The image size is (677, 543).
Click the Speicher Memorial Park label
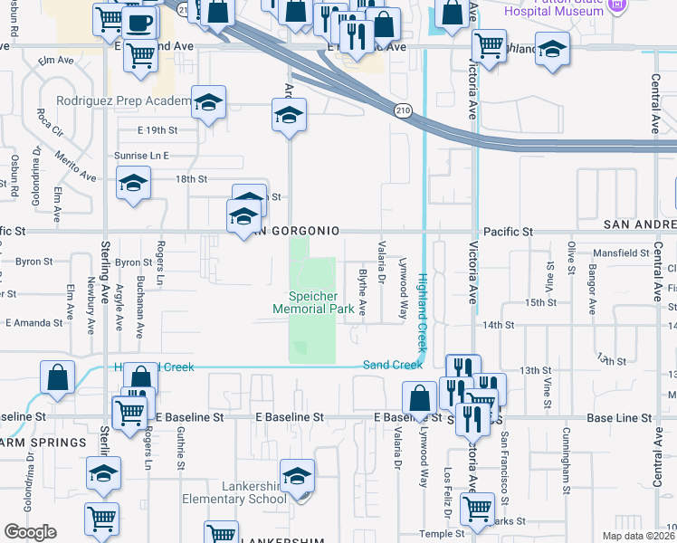tap(314, 302)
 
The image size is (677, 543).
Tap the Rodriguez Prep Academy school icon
tap(209, 103)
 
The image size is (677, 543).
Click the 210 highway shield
tap(402, 110)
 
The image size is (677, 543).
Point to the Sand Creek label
tap(392, 365)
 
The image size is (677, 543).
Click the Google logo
tap(30, 532)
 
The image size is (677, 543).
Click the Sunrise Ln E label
tap(142, 156)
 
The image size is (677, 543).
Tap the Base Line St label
tap(619, 418)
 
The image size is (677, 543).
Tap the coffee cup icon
tap(139, 22)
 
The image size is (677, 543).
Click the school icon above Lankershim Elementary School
tap(297, 475)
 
